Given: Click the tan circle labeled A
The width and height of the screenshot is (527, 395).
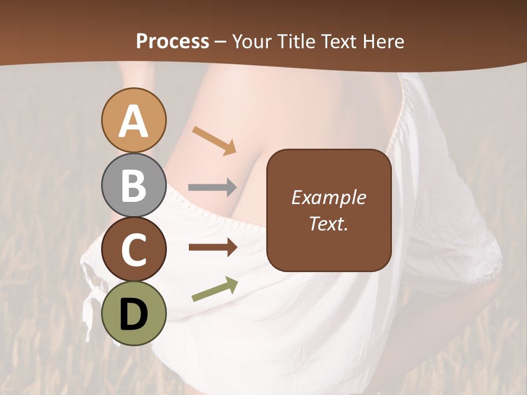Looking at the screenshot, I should click(133, 120).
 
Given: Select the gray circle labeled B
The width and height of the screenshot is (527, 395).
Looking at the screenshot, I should click(133, 185).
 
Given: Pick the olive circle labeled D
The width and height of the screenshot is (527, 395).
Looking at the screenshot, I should click(133, 313).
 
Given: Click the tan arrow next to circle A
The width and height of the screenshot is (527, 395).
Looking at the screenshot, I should click(214, 140).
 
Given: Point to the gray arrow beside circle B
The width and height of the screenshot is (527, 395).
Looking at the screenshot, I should click(212, 187).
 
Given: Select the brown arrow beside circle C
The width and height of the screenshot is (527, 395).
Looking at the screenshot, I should click(212, 247).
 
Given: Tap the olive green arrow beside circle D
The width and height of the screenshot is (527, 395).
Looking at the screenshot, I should click(215, 289).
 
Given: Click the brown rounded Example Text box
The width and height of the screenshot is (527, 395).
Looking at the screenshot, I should click(329, 210).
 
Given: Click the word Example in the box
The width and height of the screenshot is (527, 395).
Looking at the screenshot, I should click(329, 197).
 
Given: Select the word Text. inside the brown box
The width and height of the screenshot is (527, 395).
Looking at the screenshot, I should click(329, 223).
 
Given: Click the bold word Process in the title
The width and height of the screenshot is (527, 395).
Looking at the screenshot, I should click(172, 41).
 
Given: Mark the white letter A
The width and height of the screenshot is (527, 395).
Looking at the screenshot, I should click(133, 121).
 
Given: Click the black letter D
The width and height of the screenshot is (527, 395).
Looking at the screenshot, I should click(133, 314).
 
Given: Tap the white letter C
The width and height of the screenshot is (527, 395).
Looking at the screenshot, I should click(133, 250).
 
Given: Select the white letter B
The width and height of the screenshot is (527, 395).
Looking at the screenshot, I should click(133, 186).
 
